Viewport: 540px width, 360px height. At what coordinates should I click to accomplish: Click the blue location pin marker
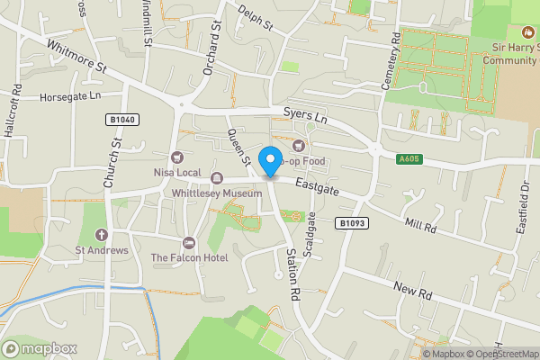point(269,160)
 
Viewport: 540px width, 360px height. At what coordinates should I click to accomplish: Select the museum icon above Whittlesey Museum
point(216,177)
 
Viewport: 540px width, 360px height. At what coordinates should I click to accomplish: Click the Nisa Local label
point(175,172)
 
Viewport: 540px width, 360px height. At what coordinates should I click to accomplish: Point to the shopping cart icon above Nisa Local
point(177,157)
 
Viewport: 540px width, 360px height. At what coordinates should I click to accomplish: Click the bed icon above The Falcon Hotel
point(189,243)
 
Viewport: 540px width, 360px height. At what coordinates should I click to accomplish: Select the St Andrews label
point(102,250)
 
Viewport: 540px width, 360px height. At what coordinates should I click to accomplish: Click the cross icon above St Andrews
point(101,235)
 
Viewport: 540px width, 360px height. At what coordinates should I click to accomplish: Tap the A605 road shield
point(409,159)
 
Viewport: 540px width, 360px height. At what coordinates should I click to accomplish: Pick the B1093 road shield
point(353,222)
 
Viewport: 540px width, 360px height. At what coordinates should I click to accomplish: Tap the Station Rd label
point(292,274)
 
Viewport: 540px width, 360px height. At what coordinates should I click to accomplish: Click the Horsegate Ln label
point(68,95)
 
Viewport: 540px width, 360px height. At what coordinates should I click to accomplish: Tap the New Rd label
point(413,290)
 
